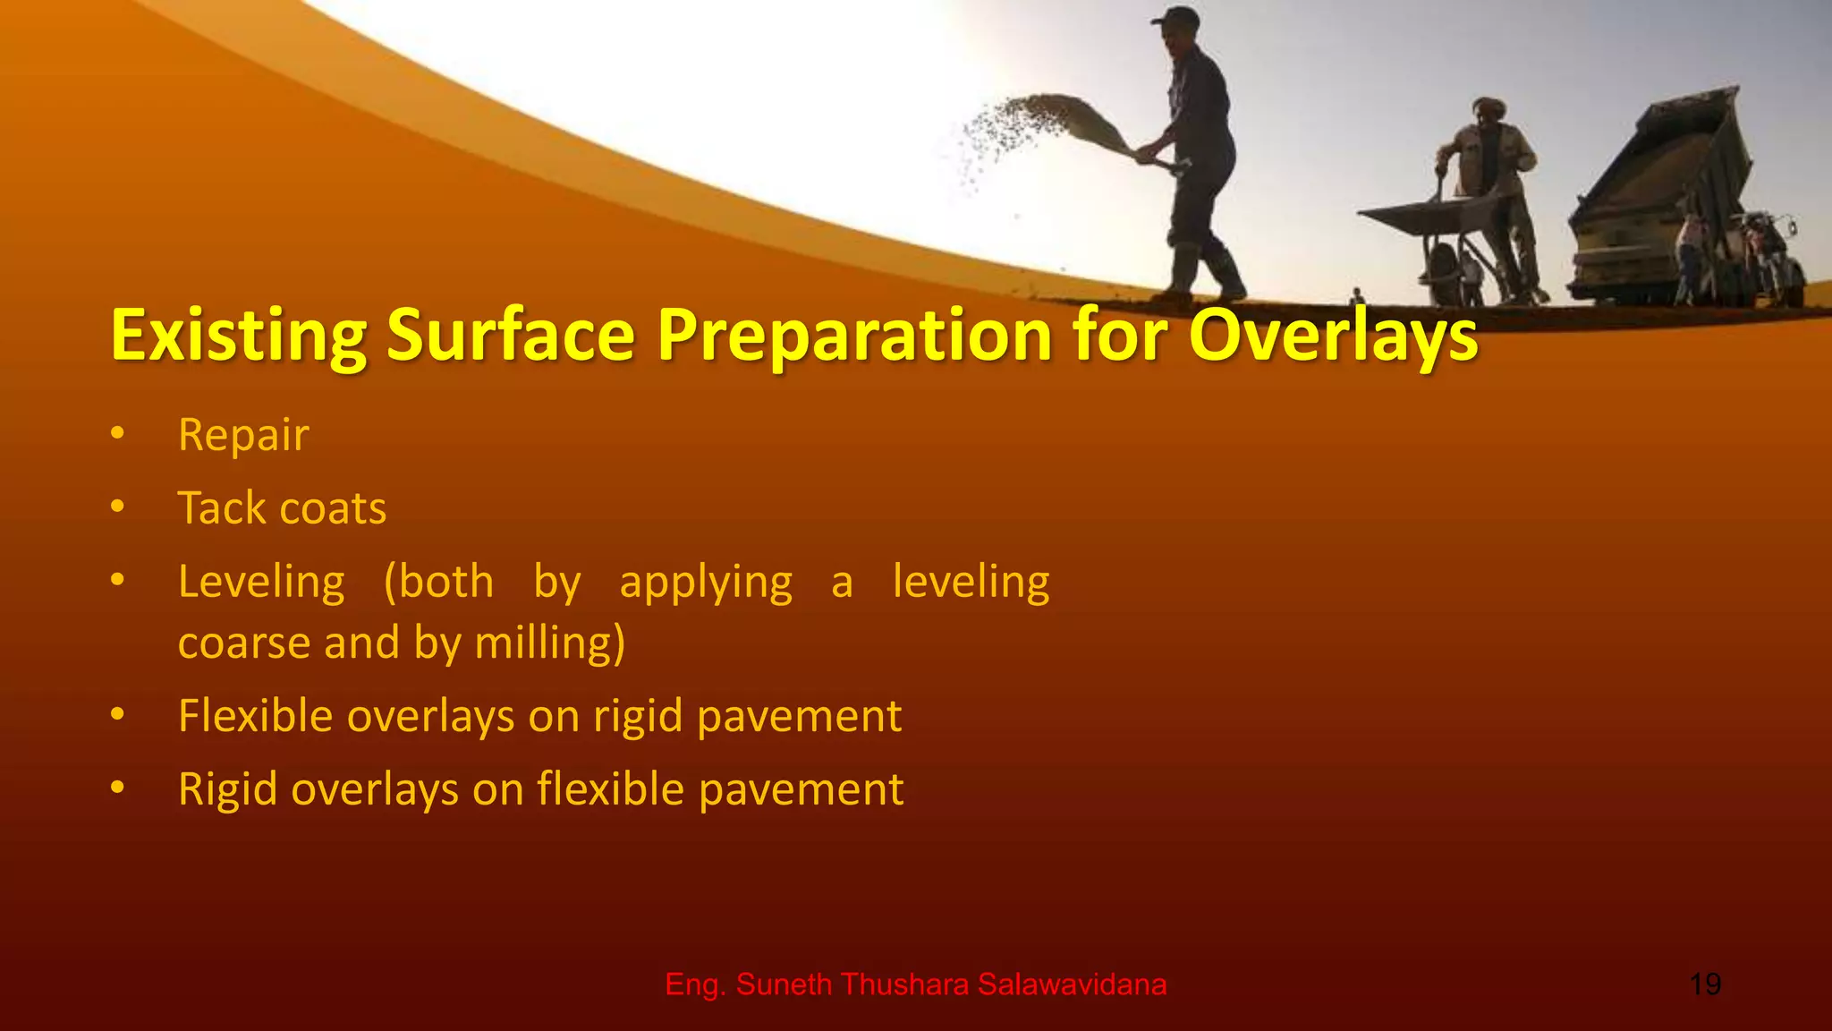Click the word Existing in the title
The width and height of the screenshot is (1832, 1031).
[238, 335]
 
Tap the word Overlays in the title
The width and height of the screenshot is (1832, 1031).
[1333, 335]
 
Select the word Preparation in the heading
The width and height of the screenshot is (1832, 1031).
[855, 335]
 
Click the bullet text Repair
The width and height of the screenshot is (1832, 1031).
[243, 436]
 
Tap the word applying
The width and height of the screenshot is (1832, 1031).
[706, 584]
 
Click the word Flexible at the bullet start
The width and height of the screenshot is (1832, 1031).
[254, 716]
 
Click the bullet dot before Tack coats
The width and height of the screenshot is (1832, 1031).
[117, 507]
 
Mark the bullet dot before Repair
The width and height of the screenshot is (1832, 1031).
[117, 434]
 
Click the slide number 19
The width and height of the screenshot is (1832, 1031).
[1705, 984]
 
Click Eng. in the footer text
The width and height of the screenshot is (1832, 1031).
[694, 984]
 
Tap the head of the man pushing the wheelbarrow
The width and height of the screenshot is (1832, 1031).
[1488, 113]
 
